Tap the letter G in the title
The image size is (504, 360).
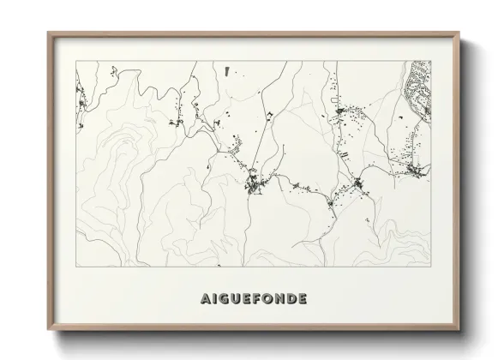225,300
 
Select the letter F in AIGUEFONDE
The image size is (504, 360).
259,300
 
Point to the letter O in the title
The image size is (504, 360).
272,300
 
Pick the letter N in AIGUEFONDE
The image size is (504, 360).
285,300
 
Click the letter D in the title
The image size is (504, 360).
297,300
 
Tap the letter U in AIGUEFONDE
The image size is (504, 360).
237,300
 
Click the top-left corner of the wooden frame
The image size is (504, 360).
47,33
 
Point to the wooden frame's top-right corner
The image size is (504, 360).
460,33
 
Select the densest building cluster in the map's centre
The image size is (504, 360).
255,183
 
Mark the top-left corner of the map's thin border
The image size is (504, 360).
76,62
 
